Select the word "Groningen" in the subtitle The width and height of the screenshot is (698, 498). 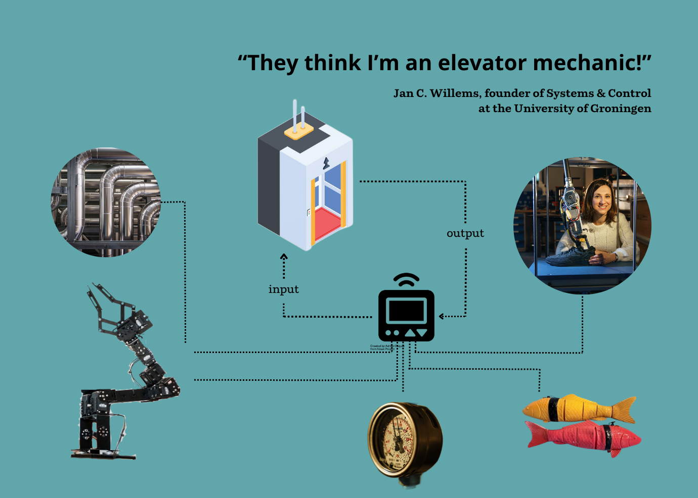tap(621, 109)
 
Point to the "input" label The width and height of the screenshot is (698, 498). tap(283, 289)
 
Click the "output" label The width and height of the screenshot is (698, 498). tap(465, 233)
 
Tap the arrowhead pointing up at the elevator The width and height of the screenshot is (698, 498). tap(284, 257)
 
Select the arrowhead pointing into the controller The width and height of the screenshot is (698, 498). tap(442, 317)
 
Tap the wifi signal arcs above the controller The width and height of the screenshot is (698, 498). tap(406, 279)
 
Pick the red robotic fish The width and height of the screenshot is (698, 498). tap(582, 436)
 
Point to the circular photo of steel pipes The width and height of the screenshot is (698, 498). tap(106, 202)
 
